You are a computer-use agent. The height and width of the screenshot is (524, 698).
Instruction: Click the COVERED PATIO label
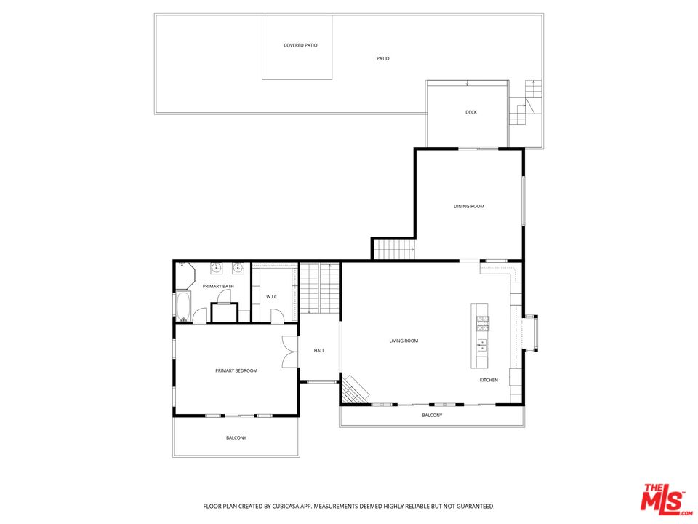click(300, 45)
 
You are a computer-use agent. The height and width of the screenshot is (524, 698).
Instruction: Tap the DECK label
click(471, 112)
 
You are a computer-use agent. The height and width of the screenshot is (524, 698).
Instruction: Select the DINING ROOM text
click(469, 207)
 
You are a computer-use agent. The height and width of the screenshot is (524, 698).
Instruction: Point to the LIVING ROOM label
click(404, 341)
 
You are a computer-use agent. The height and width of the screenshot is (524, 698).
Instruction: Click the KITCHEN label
click(489, 381)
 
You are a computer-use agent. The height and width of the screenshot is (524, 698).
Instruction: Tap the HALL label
click(319, 351)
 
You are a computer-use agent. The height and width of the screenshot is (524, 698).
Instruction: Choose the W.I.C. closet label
click(273, 297)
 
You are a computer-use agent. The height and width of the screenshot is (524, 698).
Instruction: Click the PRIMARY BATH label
click(218, 287)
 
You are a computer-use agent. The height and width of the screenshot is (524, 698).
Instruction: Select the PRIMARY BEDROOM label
click(236, 371)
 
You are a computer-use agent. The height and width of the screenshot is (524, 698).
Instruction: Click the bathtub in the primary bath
click(182, 306)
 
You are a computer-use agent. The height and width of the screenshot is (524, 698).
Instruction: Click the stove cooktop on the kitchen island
click(482, 321)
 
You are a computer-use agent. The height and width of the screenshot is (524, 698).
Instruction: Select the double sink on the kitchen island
click(482, 344)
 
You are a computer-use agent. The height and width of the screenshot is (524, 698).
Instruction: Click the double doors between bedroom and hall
click(289, 352)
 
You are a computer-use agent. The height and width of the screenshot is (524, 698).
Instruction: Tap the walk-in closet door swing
click(276, 315)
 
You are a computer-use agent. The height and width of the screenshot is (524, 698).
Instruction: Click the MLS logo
click(662, 499)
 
